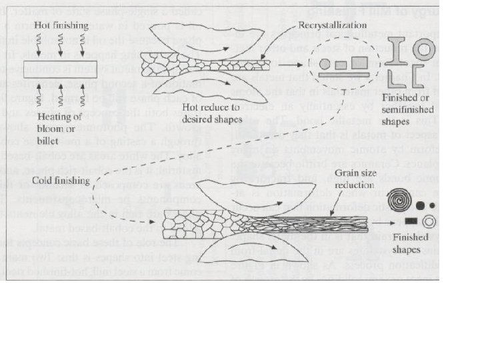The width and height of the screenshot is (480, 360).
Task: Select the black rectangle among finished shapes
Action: [411, 219]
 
